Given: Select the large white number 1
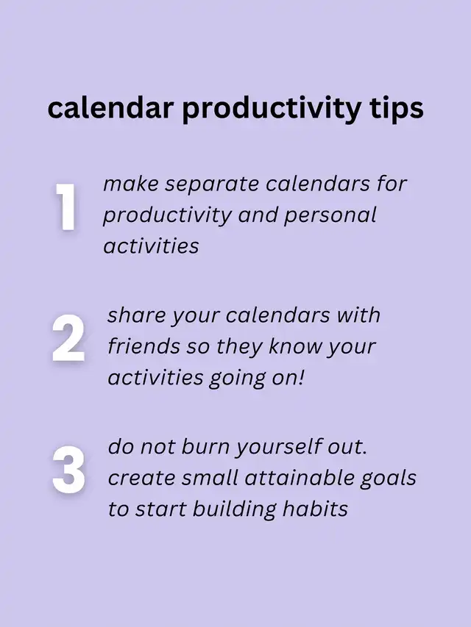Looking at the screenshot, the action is coord(65,207).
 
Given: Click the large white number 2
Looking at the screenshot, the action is coord(68,338).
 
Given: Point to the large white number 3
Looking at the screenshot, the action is coord(68,469).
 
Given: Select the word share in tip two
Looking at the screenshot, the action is coord(135,315).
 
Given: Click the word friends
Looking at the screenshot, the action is coord(144,346).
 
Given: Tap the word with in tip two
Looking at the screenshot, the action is coord(357,315).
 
